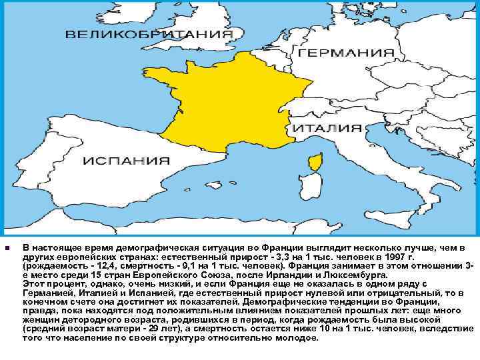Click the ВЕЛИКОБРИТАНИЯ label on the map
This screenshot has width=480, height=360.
tap(149, 33)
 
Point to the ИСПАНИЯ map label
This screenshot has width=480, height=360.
tap(126, 161)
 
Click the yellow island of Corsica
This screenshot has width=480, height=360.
tap(314, 163)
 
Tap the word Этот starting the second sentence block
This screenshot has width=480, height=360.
tap(33, 284)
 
